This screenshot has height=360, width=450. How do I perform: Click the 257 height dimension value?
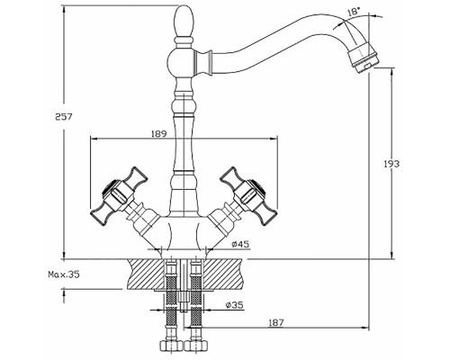click(64, 116)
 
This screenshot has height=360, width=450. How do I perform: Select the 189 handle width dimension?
click(158, 134)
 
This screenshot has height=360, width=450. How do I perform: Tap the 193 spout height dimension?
click(391, 164)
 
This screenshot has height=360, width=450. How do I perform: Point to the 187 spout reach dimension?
click(275, 322)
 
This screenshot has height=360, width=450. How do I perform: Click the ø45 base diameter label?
click(240, 244)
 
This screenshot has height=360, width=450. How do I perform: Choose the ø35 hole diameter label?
click(235, 305)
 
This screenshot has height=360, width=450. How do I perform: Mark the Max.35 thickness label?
click(64, 274)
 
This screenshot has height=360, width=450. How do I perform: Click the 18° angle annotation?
click(354, 12)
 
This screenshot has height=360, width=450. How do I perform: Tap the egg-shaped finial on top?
click(184, 21)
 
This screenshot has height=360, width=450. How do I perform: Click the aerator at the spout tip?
click(364, 58)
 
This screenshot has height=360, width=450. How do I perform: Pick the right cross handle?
click(248, 195)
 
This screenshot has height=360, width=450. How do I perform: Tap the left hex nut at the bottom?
click(171, 346)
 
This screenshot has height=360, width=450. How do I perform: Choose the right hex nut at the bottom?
click(196, 346)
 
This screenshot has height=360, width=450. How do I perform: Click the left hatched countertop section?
click(146, 274)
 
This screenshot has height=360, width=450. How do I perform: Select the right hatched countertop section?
click(223, 274)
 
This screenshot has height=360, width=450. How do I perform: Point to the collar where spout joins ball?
click(202, 61)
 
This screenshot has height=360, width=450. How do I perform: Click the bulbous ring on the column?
click(184, 107)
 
